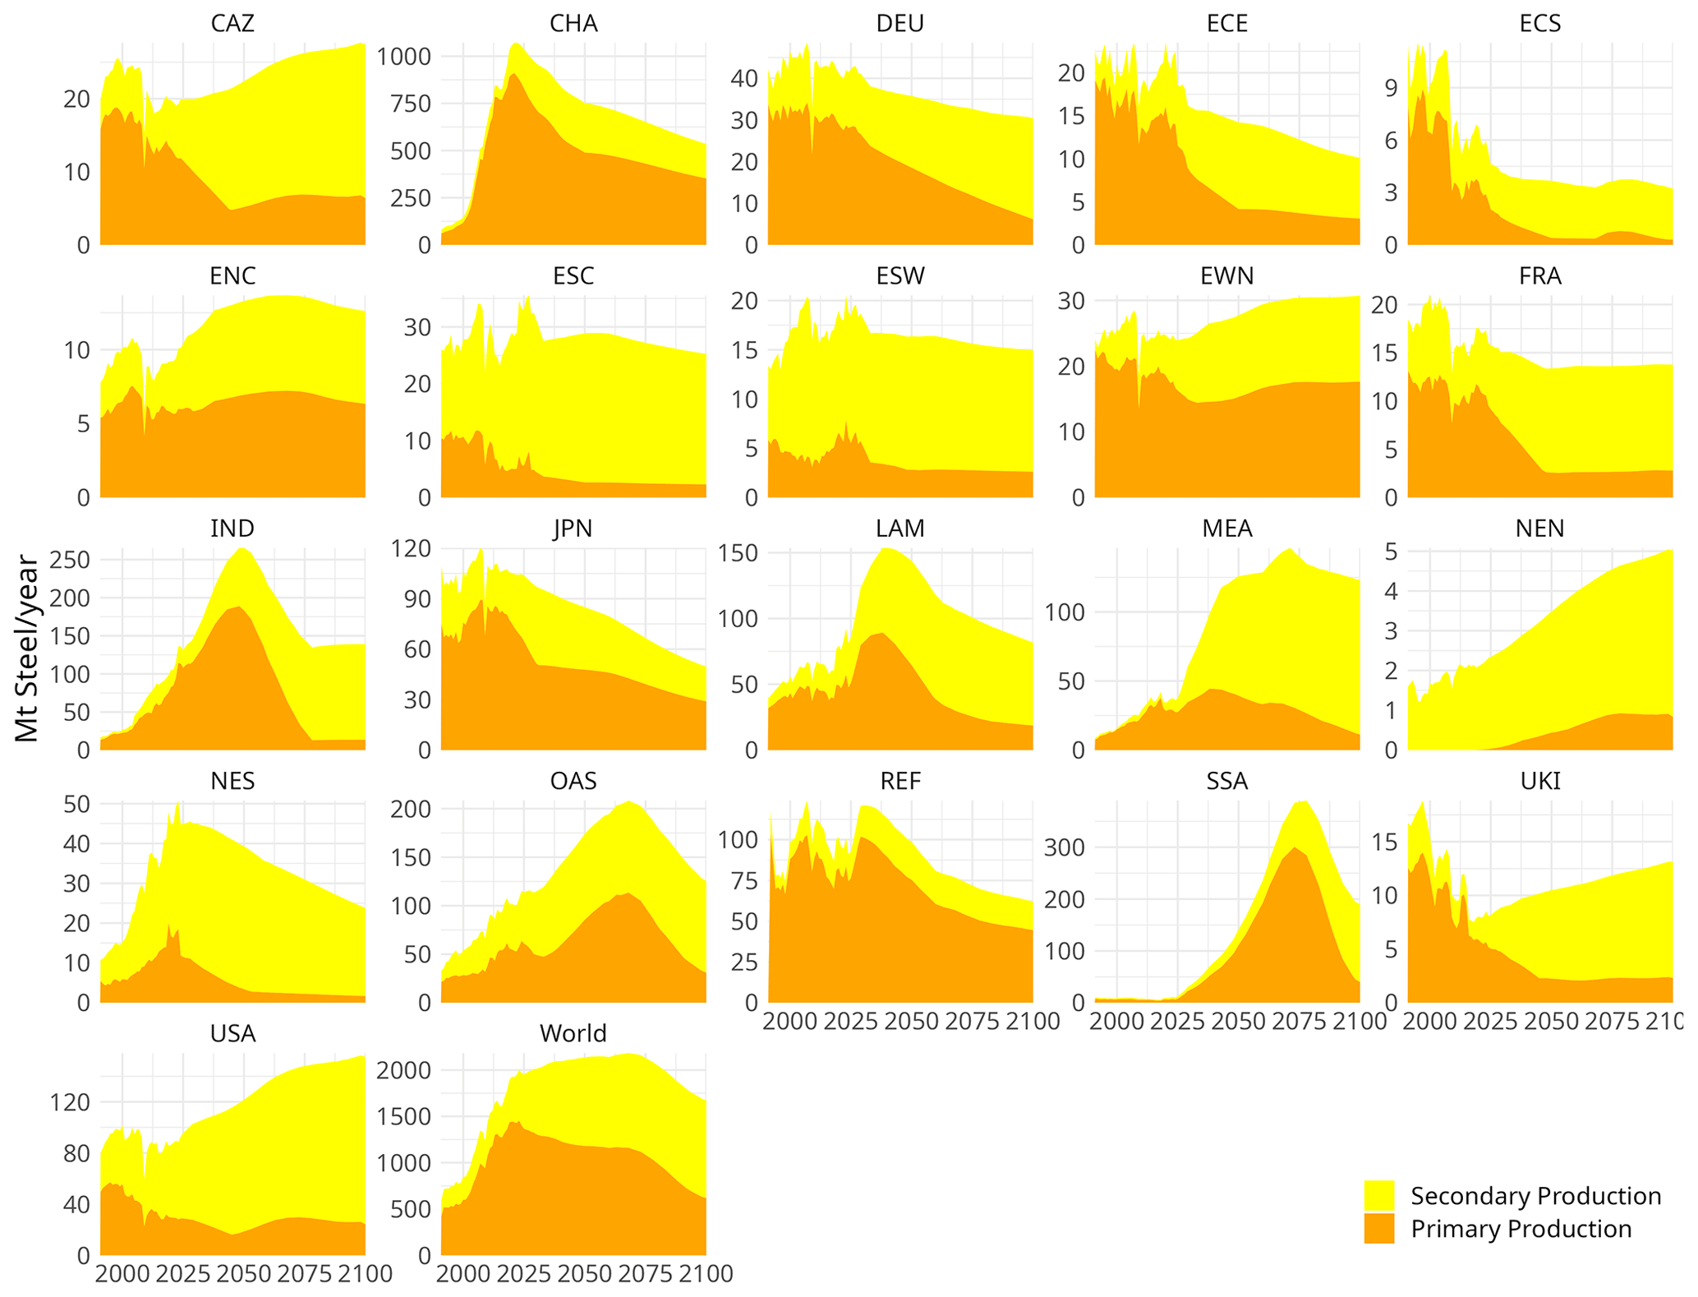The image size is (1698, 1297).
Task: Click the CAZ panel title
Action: coord(232,23)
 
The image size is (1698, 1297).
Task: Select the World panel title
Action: coord(573,1033)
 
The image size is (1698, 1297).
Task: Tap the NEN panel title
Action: coord(1539,528)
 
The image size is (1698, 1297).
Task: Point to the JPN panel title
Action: coord(573,528)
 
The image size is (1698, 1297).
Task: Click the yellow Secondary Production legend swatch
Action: coord(1379,1195)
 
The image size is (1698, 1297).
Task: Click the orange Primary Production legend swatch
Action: coord(1379,1229)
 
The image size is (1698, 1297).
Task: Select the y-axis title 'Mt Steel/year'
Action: coord(27,649)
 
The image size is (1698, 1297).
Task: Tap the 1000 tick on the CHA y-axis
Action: coord(403,57)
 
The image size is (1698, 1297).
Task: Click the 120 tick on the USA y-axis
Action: coord(71,1102)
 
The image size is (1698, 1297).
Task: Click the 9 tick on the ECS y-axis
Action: coord(1392,88)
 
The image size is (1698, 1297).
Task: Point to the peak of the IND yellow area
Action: coord(243,548)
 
